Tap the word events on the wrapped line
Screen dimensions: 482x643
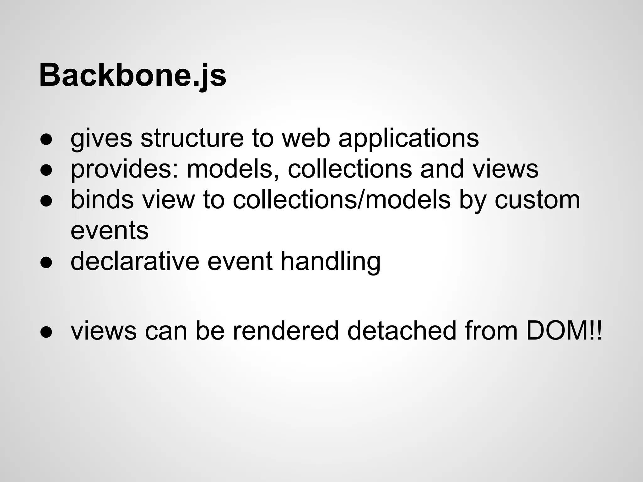(110, 231)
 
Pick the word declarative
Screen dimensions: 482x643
(135, 261)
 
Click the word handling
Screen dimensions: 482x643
(330, 261)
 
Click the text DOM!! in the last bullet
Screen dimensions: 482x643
(564, 331)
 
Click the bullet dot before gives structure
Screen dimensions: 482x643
(46, 140)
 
